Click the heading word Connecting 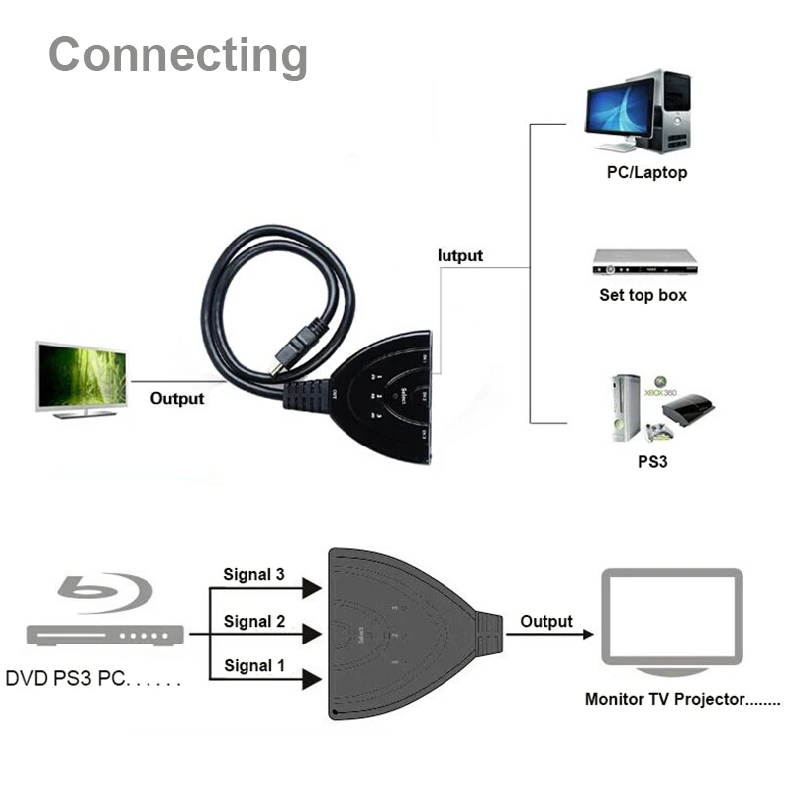[x=178, y=54]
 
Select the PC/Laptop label [x=646, y=173]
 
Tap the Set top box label [x=643, y=295]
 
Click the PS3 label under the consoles [x=652, y=460]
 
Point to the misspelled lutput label [x=460, y=255]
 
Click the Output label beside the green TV [x=177, y=398]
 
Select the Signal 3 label [x=253, y=574]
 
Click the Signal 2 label [x=253, y=621]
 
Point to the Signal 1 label [x=253, y=665]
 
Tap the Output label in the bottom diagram [x=546, y=621]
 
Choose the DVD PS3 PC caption [x=95, y=680]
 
